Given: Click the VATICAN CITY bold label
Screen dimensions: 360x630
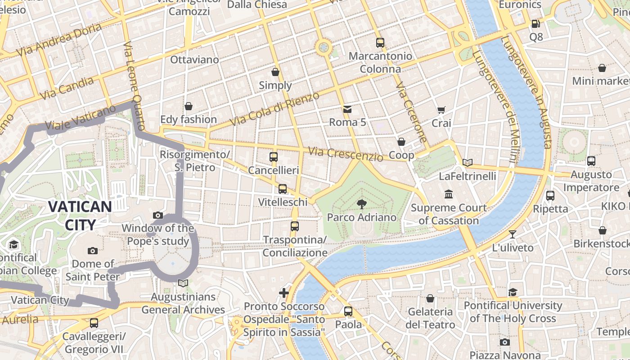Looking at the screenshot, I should pyautogui.click(x=80, y=216).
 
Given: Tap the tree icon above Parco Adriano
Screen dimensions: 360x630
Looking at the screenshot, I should pyautogui.click(x=361, y=204).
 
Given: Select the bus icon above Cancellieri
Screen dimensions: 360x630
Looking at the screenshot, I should pyautogui.click(x=274, y=157).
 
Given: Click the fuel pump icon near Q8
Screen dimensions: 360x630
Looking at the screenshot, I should pyautogui.click(x=535, y=24).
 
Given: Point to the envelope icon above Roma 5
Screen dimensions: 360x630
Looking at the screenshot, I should pyautogui.click(x=347, y=109).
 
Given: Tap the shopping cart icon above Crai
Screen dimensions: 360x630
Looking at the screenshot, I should pyautogui.click(x=441, y=110).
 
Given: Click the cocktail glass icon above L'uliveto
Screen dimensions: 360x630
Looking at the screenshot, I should pyautogui.click(x=512, y=234).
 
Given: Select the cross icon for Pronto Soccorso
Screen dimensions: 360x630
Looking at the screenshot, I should pyautogui.click(x=284, y=293).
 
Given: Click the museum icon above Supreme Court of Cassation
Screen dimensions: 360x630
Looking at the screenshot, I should pyautogui.click(x=449, y=194).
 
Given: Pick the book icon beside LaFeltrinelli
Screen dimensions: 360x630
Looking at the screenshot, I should pyautogui.click(x=468, y=162).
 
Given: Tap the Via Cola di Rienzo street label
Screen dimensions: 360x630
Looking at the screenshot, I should pyautogui.click(x=274, y=108).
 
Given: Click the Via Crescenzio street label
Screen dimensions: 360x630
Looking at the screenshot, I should pyautogui.click(x=346, y=153).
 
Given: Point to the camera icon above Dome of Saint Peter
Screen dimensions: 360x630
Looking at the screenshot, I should pyautogui.click(x=93, y=251).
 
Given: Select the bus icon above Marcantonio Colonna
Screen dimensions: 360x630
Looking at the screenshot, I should pyautogui.click(x=380, y=43).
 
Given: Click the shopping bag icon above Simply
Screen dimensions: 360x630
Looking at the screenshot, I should pyautogui.click(x=275, y=72).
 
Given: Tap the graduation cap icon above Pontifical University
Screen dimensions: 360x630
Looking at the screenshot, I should pyautogui.click(x=513, y=292).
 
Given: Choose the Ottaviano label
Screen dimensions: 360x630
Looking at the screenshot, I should pyautogui.click(x=194, y=59).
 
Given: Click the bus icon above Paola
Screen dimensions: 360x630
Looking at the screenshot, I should pyautogui.click(x=348, y=311).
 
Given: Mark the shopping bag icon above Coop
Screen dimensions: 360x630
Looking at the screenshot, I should pyautogui.click(x=401, y=142).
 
